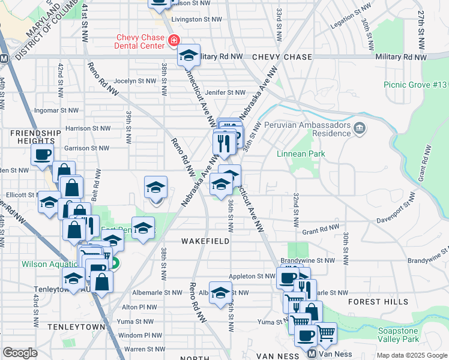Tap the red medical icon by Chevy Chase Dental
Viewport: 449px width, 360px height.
(x=173, y=41)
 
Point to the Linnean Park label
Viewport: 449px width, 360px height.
(x=301, y=154)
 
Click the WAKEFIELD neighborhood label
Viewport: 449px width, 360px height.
(x=206, y=241)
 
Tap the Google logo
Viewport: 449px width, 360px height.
(x=20, y=353)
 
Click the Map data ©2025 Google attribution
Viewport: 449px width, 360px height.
(x=412, y=355)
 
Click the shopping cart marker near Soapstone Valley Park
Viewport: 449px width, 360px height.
(x=325, y=333)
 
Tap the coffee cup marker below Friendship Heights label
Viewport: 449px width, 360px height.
(x=42, y=154)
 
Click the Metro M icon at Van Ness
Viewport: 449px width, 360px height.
(x=312, y=355)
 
